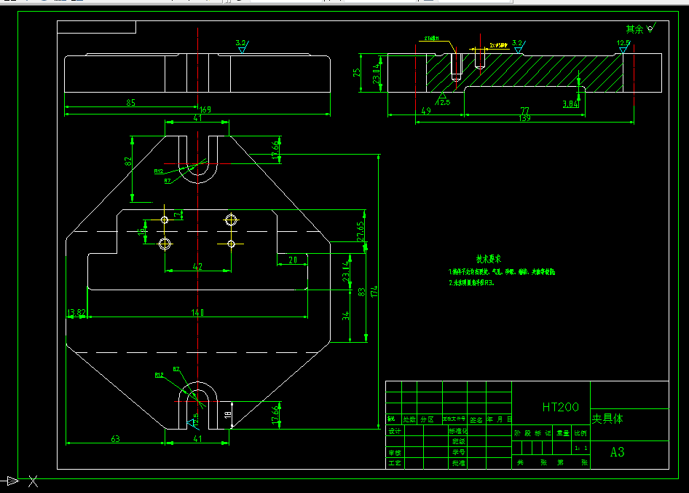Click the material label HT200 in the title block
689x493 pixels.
(560, 407)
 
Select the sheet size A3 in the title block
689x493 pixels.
(617, 452)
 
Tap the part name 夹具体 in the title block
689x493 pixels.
(607, 419)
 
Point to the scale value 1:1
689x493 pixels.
(580, 448)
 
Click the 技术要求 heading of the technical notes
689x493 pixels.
(487, 259)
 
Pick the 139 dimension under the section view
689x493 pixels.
(524, 118)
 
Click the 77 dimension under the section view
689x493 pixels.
(524, 110)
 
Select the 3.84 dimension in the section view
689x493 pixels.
(570, 104)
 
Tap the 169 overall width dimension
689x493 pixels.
(205, 110)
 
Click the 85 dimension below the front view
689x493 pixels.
(131, 103)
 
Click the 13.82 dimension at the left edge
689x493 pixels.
(76, 312)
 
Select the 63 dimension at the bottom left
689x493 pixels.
(115, 438)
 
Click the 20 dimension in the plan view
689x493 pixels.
(293, 260)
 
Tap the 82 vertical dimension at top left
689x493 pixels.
(128, 162)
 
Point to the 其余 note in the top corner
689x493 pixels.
(634, 29)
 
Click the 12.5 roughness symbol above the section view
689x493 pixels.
(623, 44)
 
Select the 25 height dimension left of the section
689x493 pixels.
(357, 73)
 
